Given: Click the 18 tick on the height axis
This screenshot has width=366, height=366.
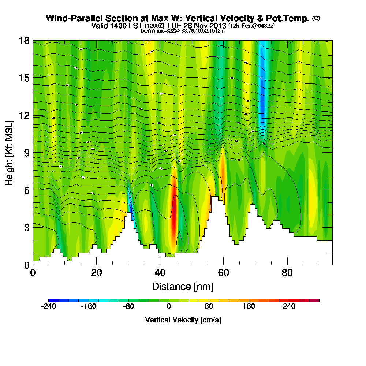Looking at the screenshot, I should pyautogui.click(x=25, y=41).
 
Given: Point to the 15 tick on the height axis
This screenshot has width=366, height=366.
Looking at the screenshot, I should pyautogui.click(x=25, y=78).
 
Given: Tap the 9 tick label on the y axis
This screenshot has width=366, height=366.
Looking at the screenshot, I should pyautogui.click(x=25, y=153).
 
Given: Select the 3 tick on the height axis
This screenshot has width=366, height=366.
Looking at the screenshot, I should pyautogui.click(x=25, y=227).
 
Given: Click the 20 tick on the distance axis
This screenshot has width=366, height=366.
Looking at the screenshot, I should pyautogui.click(x=96, y=273).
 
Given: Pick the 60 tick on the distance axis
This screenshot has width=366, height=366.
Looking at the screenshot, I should pyautogui.click(x=224, y=273).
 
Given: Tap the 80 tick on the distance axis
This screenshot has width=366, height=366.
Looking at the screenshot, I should pyautogui.click(x=287, y=273).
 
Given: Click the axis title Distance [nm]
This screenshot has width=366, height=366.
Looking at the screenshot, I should pyautogui.click(x=183, y=286).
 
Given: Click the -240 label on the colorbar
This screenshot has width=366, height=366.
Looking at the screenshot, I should pyautogui.click(x=48, y=307).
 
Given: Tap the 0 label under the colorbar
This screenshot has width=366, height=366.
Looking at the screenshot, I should pyautogui.click(x=169, y=307).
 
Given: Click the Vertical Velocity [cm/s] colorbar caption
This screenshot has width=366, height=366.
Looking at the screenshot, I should pyautogui.click(x=183, y=320).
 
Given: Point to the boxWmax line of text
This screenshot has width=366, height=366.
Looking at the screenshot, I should pyautogui.click(x=183, y=31).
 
